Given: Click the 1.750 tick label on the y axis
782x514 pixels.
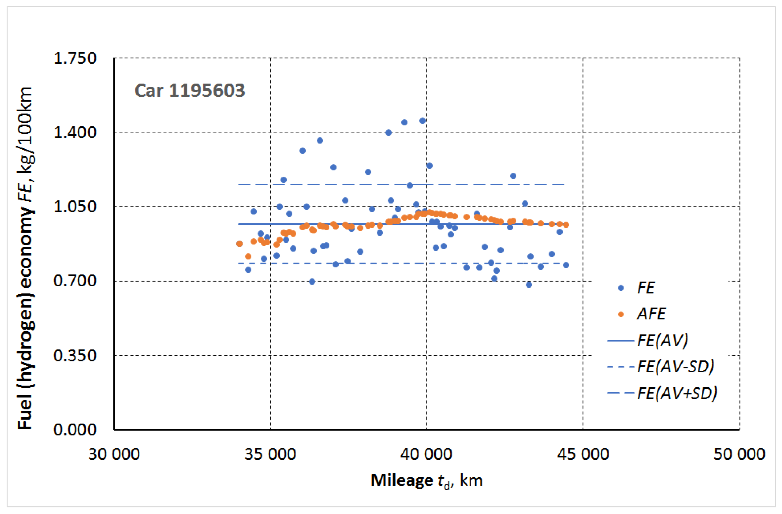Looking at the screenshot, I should (x=75, y=58).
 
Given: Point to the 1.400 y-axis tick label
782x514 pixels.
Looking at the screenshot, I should (x=75, y=133).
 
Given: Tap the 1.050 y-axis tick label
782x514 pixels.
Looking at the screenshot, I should (x=75, y=207).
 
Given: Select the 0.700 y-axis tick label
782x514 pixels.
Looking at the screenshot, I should (x=75, y=281).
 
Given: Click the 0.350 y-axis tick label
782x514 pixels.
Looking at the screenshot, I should (x=75, y=356).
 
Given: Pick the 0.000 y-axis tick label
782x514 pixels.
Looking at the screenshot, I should (x=75, y=430).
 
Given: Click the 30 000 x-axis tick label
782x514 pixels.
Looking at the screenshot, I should (x=114, y=454).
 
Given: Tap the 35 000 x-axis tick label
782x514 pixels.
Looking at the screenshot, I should (x=270, y=454).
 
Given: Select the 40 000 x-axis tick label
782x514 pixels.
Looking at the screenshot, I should (x=426, y=454).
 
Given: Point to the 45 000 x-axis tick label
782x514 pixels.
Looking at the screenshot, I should (x=583, y=454).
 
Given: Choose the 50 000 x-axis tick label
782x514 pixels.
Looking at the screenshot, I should (x=739, y=454).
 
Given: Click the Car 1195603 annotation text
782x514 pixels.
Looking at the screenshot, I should (x=190, y=91).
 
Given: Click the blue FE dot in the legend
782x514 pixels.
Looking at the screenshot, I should (x=621, y=288).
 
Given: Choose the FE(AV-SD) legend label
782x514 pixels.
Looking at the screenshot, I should (x=675, y=367).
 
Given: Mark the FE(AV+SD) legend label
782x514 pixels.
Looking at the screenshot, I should (x=677, y=393).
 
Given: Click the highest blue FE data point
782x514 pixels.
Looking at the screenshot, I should (x=422, y=121).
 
